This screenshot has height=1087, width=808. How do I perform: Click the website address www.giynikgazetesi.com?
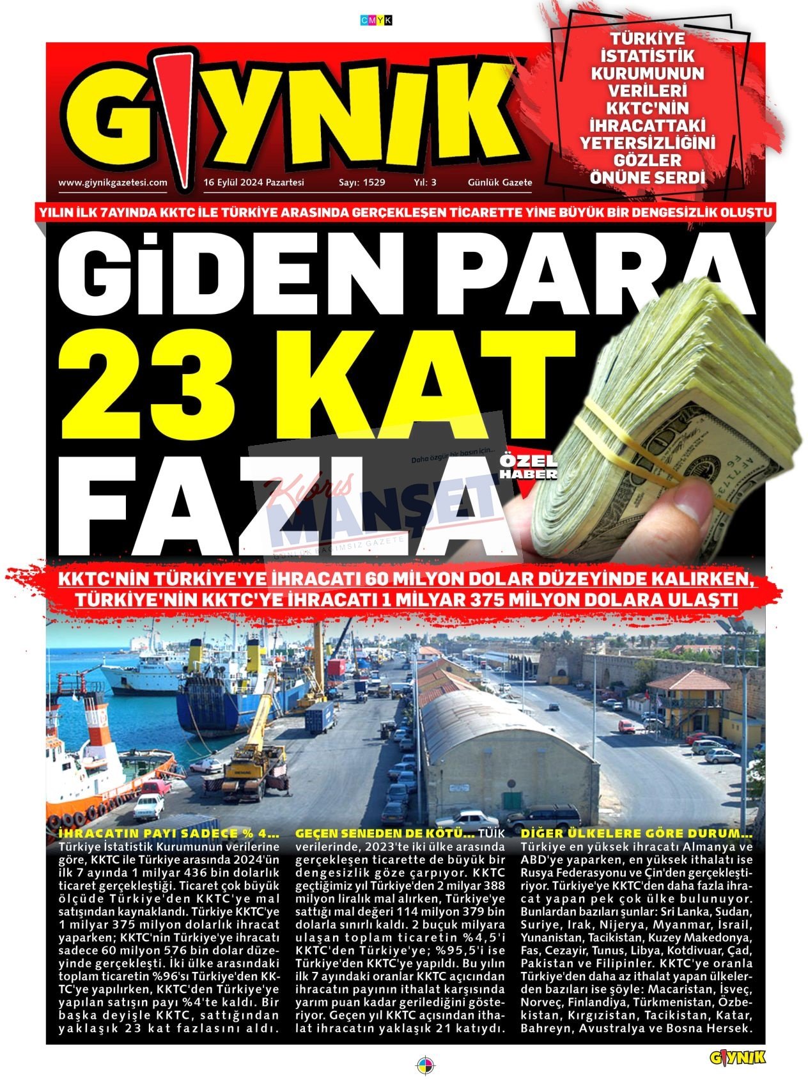coord(113,182)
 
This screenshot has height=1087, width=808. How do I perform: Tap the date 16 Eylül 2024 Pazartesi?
coord(254,182)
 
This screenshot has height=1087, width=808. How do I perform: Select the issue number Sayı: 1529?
coord(362,182)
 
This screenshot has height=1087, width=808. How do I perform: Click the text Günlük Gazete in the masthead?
coord(500,182)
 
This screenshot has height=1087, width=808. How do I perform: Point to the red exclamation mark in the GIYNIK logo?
coord(179,115)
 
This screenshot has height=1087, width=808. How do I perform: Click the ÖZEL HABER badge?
coord(528,467)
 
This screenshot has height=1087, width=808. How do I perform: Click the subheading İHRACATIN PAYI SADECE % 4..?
coord(169,834)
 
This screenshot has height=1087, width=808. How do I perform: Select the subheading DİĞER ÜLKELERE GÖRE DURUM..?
coord(637,834)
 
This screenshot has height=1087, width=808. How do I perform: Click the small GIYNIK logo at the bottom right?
coord(737,1058)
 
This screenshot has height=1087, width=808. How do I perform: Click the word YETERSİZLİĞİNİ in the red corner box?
coord(647,142)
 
